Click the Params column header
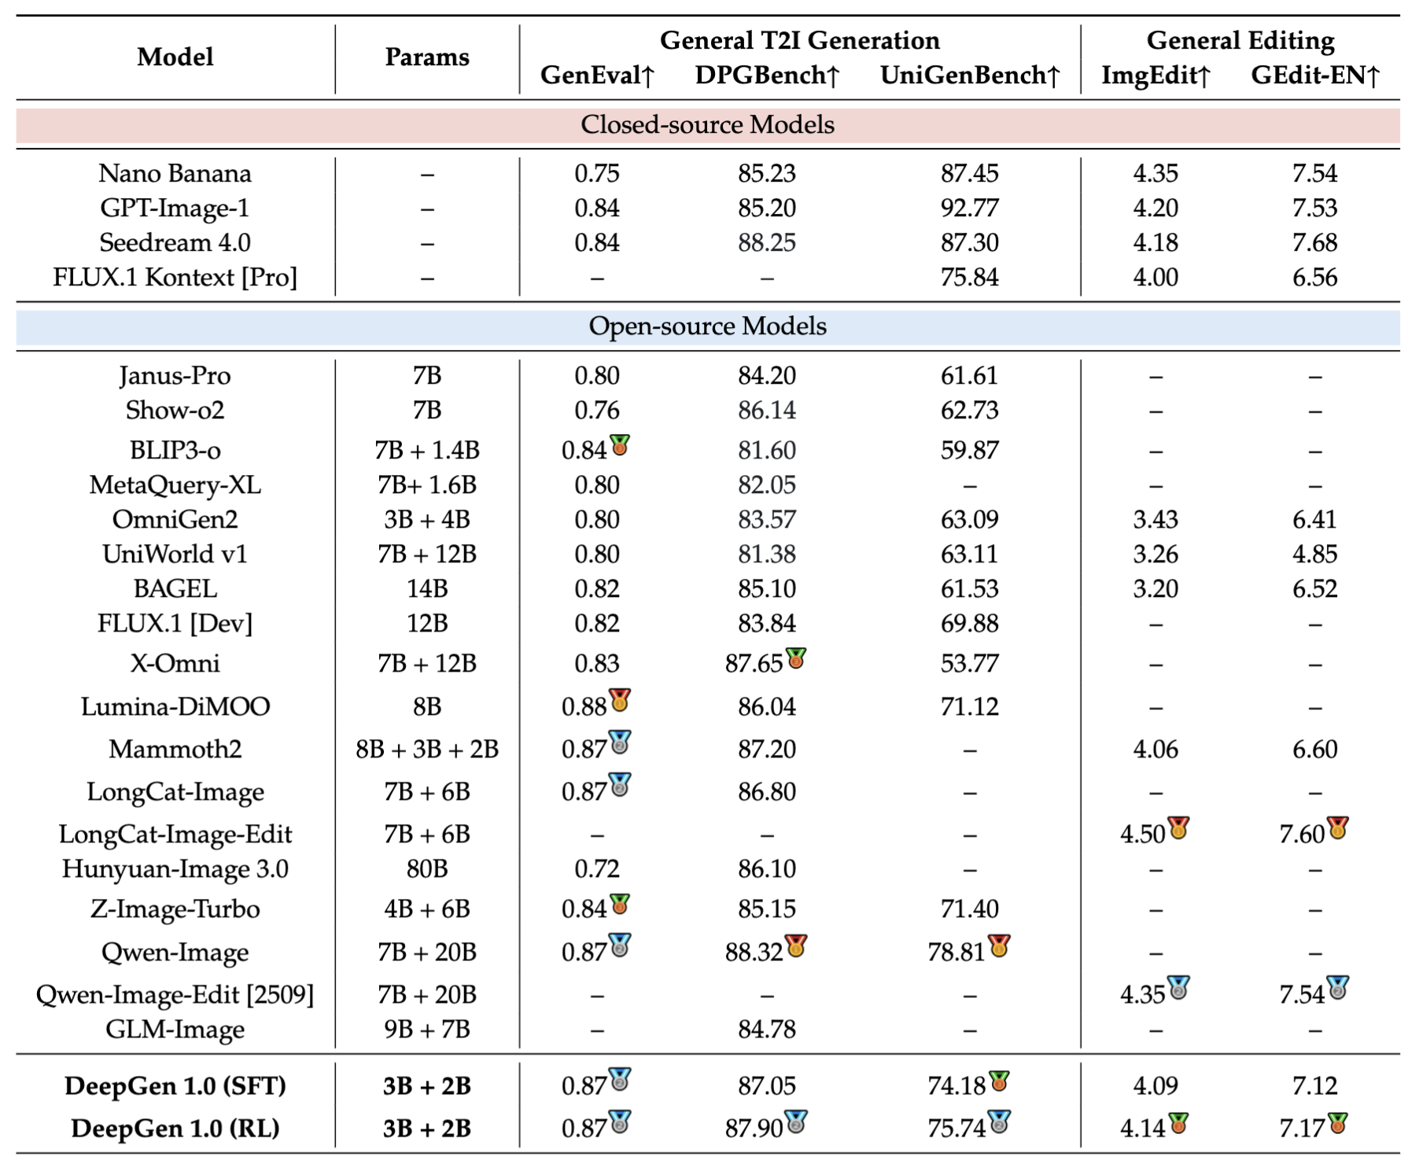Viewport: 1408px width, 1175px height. pos(426,57)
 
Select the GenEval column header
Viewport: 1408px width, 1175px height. pos(597,76)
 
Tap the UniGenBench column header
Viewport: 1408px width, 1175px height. pos(969,76)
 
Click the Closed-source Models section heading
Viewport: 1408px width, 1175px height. pos(707,124)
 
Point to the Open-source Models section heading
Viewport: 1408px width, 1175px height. pos(707,326)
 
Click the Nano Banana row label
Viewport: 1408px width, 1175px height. pos(175,174)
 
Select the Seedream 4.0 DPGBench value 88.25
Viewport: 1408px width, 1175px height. pos(766,243)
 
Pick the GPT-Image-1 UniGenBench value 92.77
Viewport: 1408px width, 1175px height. pos(969,208)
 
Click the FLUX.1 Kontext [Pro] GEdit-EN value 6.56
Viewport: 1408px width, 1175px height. pos(1314,278)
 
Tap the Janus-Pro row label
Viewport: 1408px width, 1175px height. pos(175,376)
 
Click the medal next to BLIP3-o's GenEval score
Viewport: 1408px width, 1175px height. pos(620,445)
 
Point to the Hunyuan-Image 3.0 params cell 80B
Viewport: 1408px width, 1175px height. pos(426,869)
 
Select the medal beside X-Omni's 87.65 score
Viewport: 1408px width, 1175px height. pos(796,658)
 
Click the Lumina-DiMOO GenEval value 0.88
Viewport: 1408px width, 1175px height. pos(584,707)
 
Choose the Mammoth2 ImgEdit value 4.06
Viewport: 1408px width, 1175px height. pos(1155,750)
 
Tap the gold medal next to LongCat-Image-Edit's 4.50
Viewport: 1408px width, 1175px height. pos(1178,828)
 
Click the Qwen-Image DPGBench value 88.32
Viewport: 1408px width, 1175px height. pos(754,952)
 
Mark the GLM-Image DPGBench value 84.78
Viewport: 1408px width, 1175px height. pos(766,1030)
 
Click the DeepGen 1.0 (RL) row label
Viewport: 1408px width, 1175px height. pos(175,1129)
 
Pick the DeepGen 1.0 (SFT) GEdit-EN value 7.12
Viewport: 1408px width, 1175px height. pos(1314,1086)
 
